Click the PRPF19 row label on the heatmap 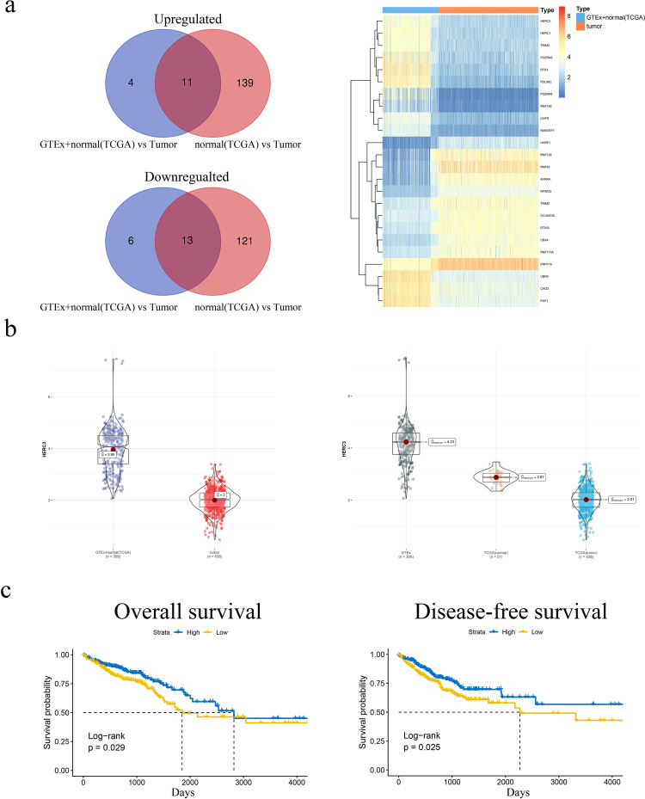(x=521, y=263)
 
